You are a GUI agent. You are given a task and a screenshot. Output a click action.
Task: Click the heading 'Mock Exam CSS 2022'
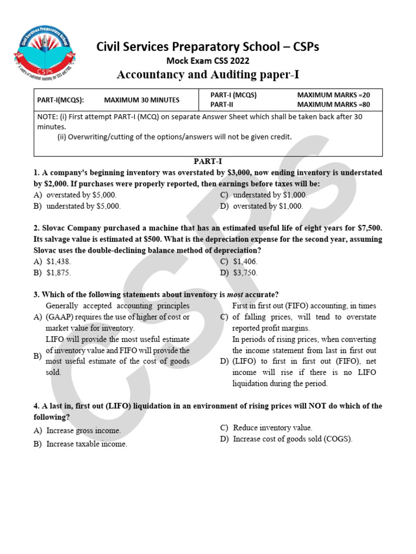(207, 61)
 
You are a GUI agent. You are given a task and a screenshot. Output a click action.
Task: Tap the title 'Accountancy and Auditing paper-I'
(209, 75)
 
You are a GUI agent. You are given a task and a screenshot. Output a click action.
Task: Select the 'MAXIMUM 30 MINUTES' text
(142, 100)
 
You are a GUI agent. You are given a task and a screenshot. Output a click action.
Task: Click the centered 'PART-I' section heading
(208, 161)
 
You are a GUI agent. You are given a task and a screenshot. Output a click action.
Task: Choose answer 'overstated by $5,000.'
(81, 195)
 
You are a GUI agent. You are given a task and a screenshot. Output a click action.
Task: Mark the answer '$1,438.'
(59, 261)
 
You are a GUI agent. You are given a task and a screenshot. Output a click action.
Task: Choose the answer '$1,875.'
(59, 273)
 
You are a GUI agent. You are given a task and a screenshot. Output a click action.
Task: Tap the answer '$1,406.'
(245, 261)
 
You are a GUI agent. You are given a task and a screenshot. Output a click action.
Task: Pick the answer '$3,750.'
(245, 273)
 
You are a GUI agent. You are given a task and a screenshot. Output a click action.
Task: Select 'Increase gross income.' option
(83, 431)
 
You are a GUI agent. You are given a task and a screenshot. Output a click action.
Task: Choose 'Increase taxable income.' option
(87, 444)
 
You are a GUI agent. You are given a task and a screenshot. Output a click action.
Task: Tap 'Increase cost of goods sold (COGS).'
(292, 439)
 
